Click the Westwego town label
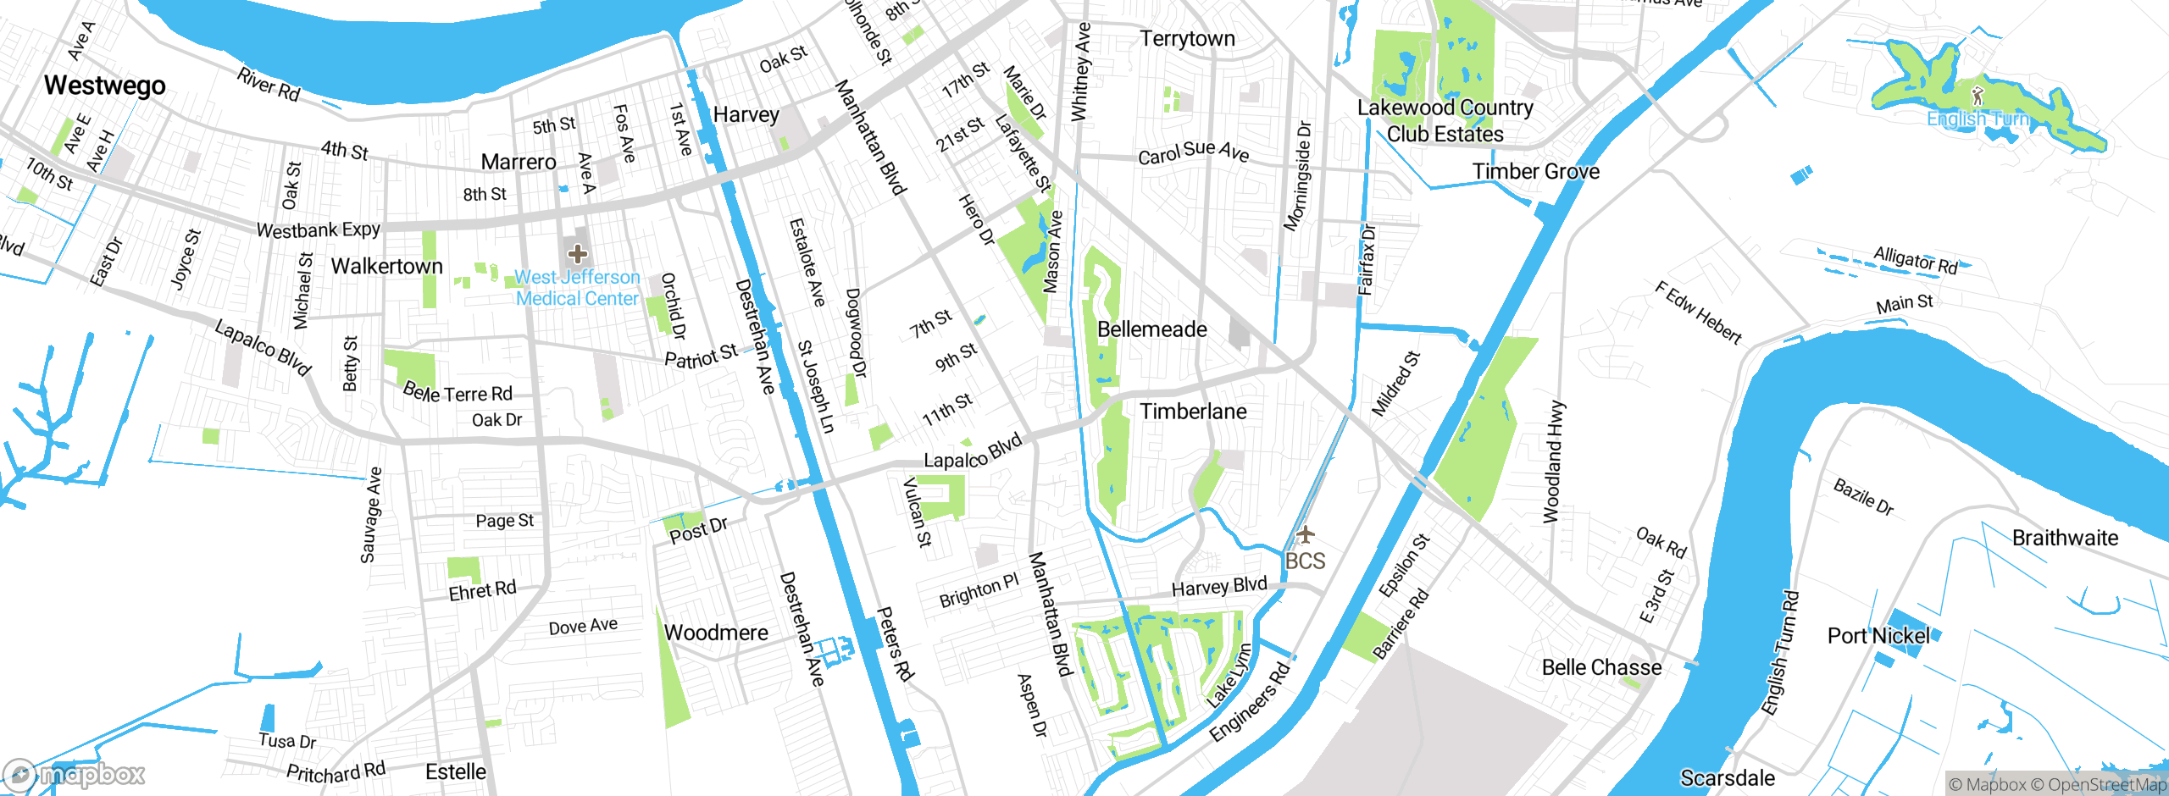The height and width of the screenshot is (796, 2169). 104,86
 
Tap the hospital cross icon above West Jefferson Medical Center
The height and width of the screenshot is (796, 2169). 578,253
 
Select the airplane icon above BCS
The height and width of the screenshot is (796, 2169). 1305,533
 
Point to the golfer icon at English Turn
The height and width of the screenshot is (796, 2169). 1978,94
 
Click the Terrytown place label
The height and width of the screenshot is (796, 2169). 1187,39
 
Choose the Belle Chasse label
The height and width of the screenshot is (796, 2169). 1601,667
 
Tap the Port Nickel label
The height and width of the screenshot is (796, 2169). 1878,636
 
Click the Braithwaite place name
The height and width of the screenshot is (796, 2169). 2065,538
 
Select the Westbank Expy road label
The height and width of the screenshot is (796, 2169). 318,229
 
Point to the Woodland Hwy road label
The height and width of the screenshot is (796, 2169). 1553,462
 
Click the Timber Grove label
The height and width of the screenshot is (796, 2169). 1535,171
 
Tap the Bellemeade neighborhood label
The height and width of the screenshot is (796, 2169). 1151,329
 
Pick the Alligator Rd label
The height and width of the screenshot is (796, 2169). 1915,260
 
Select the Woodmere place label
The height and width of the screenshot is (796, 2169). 716,633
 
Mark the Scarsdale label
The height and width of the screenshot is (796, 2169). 1727,777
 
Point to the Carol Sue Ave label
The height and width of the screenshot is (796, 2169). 1193,152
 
